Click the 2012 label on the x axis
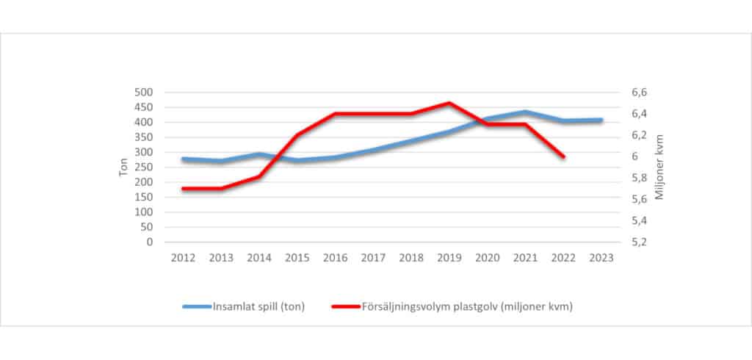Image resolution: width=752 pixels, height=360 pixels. (183, 258)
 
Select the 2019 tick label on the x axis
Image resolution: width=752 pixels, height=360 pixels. (449, 258)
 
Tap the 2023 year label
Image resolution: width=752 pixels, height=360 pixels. (601, 258)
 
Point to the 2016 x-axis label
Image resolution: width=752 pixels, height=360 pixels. (335, 258)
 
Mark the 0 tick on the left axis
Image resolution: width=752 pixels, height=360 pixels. (149, 242)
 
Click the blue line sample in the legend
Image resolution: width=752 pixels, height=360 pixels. (196, 307)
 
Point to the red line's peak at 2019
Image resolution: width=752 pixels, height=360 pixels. (449, 103)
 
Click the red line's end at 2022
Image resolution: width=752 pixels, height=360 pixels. (563, 156)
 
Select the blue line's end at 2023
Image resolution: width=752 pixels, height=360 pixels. (601, 120)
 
